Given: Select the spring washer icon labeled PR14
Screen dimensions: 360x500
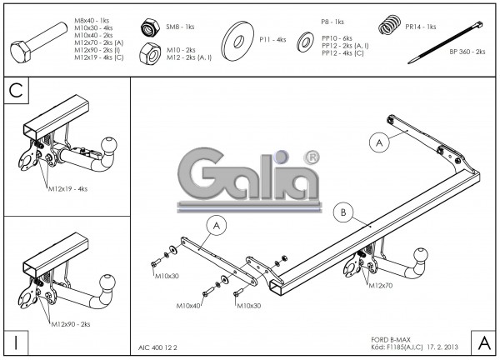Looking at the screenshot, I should click(388, 27).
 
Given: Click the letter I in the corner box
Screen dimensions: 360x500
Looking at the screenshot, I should click(17, 342).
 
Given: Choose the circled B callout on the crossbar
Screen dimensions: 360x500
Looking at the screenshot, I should click(342, 212).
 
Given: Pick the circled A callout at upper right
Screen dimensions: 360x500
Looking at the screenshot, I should click(379, 142).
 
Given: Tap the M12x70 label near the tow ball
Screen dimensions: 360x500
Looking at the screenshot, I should click(380, 286).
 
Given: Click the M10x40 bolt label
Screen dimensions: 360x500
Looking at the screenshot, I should click(188, 306).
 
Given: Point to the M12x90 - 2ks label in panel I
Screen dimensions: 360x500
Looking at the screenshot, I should click(72, 323).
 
